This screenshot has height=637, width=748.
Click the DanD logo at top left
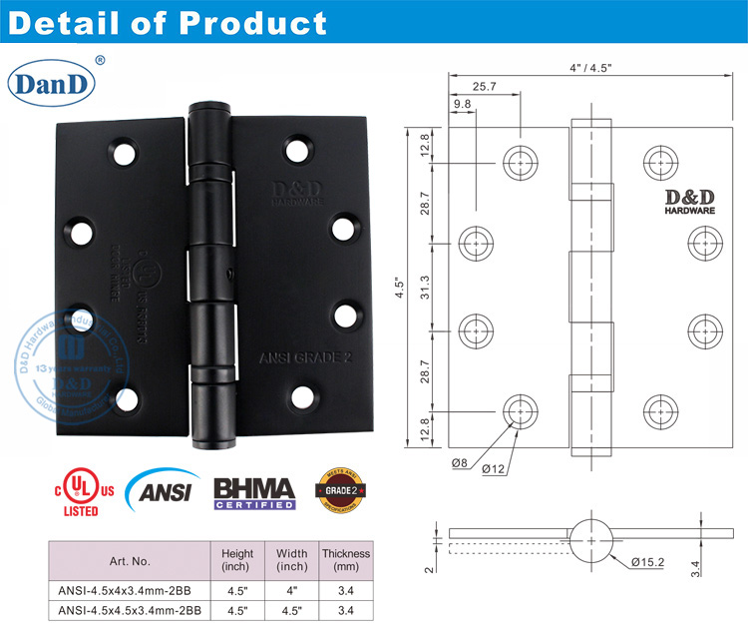pyautogui.click(x=51, y=83)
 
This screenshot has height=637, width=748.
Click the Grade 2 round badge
pyautogui.click(x=337, y=490)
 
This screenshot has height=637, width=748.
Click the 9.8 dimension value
pyautogui.click(x=462, y=105)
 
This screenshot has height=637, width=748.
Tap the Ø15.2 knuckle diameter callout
pyautogui.click(x=647, y=560)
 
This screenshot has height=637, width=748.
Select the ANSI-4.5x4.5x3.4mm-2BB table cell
pyautogui.click(x=131, y=608)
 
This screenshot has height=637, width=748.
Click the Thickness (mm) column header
pyautogui.click(x=345, y=560)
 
